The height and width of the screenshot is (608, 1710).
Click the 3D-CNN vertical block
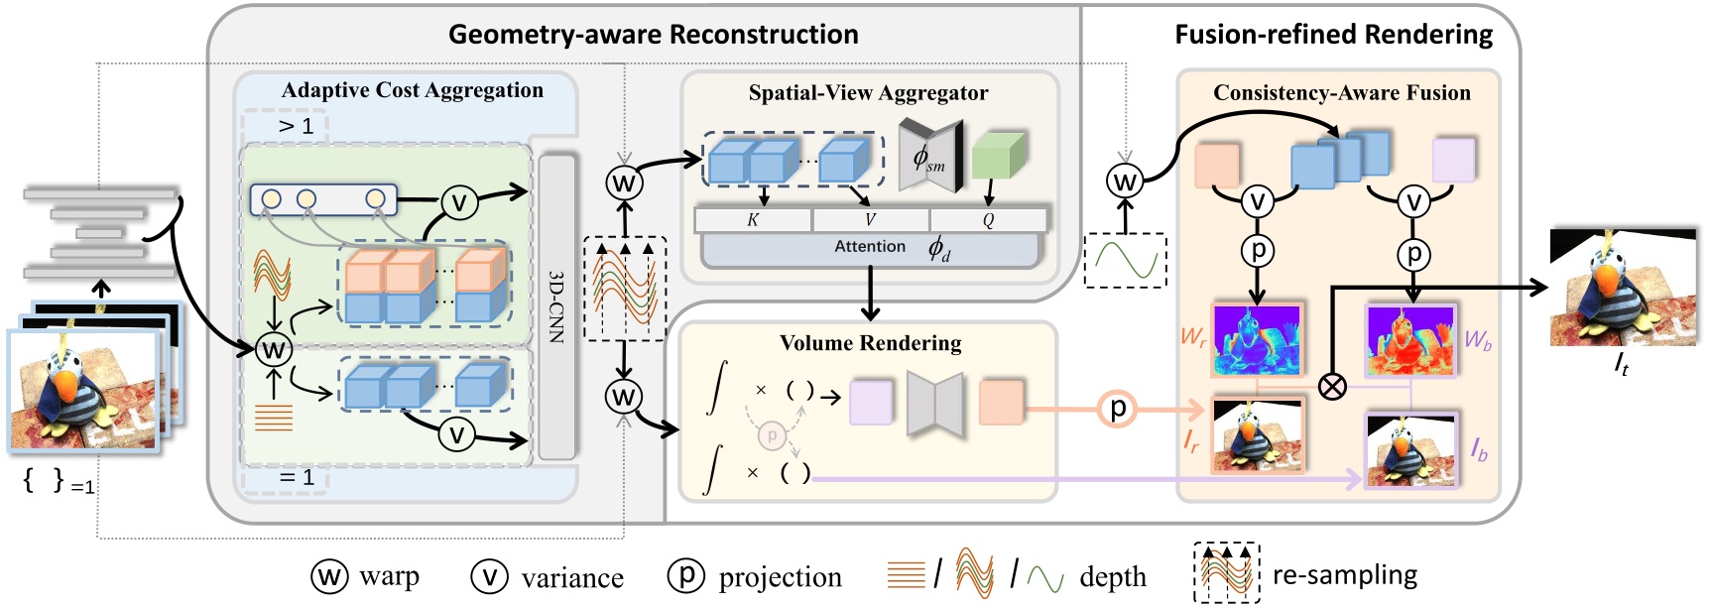[x=556, y=305]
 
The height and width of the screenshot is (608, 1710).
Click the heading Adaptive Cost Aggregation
[x=412, y=90]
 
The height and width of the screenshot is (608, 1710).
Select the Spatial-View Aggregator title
[x=868, y=93]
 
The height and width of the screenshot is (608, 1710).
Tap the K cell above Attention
[x=753, y=220]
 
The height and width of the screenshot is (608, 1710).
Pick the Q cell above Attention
[x=988, y=220]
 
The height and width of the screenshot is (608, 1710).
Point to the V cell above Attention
[x=870, y=220]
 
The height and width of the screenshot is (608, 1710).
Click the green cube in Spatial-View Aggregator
[x=998, y=155]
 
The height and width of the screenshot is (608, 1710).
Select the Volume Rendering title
[x=870, y=343]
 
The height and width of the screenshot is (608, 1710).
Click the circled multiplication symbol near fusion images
[x=1333, y=385]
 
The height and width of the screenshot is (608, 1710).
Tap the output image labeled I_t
[x=1623, y=288]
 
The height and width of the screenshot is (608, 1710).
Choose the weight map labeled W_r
[x=1257, y=339]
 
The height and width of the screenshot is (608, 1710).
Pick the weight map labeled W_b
[x=1410, y=339]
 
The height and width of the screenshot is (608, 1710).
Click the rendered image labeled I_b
[x=1411, y=450]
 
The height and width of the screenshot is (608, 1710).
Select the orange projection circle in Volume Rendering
[x=1117, y=408]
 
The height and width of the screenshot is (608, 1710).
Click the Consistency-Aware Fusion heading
[x=1341, y=93]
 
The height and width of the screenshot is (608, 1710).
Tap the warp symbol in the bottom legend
[x=329, y=576]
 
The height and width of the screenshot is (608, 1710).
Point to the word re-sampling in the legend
[x=1344, y=575]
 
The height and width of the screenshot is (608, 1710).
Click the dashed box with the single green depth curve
[x=1125, y=260]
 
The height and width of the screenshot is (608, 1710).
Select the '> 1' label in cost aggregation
[x=296, y=126]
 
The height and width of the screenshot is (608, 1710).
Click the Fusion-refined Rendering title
[x=1333, y=35]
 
